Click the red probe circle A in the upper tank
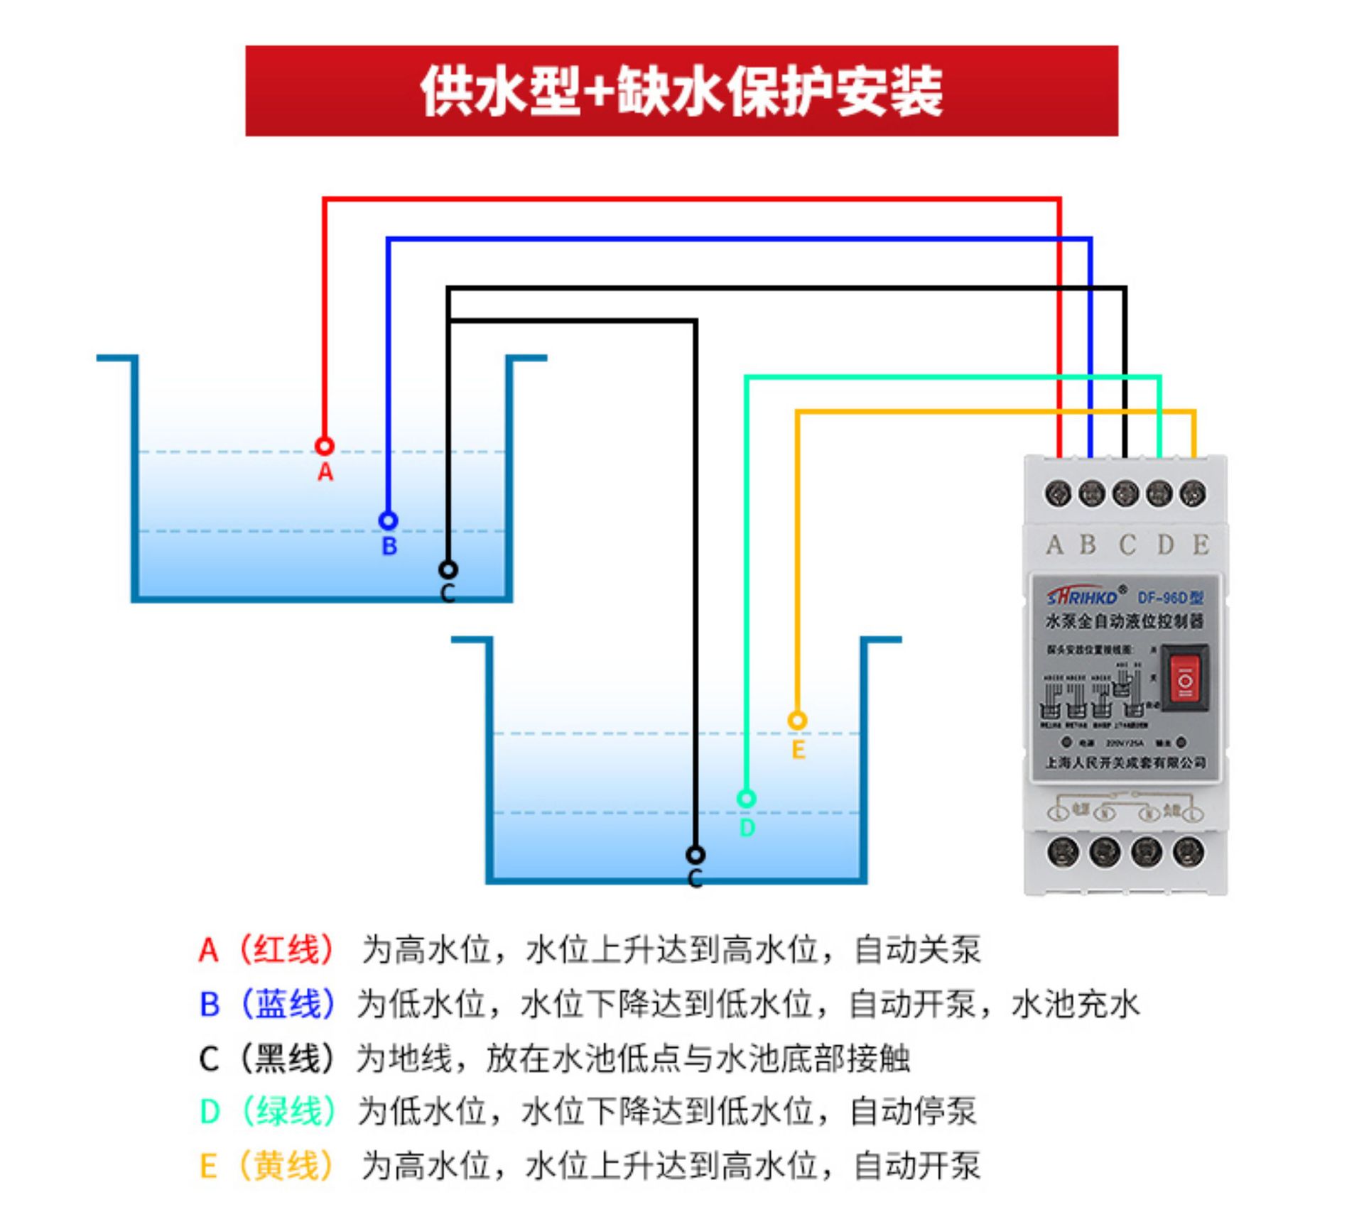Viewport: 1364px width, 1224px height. [x=325, y=447]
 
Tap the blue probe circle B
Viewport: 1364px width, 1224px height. [x=388, y=521]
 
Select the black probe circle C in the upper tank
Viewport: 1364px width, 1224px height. [x=448, y=569]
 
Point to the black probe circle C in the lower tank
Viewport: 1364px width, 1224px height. [x=695, y=854]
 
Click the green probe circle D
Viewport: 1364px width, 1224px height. [x=746, y=799]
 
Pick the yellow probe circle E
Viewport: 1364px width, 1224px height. [x=797, y=721]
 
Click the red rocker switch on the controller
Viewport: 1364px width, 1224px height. [x=1184, y=677]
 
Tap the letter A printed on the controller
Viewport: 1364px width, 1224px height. [x=1054, y=545]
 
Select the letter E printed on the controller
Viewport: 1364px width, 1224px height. [x=1201, y=545]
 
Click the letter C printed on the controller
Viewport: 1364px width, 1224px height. [x=1127, y=545]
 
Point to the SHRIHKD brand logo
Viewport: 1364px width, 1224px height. [x=1083, y=596]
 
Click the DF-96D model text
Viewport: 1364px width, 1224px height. [x=1170, y=598]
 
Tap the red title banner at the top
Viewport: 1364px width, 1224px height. [x=681, y=91]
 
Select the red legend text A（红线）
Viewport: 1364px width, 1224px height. [x=266, y=949]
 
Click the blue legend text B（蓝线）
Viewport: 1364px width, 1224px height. [x=267, y=1004]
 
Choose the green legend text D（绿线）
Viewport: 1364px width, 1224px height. [x=267, y=1111]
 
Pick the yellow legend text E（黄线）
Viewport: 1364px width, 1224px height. [x=266, y=1166]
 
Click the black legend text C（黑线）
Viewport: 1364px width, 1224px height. [x=266, y=1058]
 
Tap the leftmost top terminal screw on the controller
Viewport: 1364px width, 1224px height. [x=1058, y=493]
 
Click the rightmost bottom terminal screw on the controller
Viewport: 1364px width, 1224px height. [x=1189, y=851]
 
